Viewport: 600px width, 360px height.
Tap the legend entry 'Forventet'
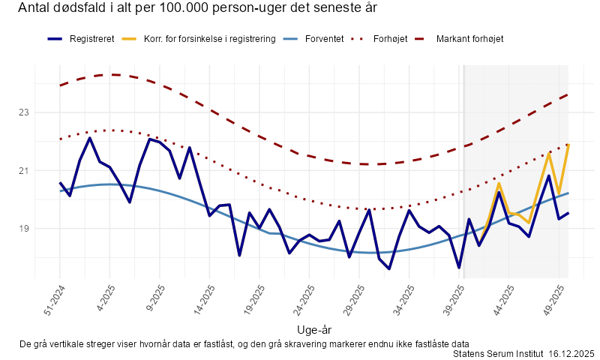point(325,38)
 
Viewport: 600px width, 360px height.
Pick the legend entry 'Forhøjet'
point(390,38)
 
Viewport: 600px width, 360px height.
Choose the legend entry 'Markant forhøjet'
point(469,38)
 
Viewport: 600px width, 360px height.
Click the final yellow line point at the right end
point(568,144)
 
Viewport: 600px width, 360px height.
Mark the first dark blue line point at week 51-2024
point(60,182)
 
